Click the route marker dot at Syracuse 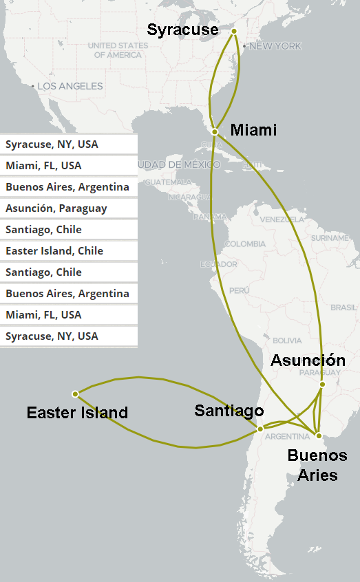(233, 31)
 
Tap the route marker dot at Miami (215, 131)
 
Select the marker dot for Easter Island (75, 394)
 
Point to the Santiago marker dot (260, 429)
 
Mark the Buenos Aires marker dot (318, 435)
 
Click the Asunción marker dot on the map (321, 385)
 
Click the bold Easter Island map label (77, 413)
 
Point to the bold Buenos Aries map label (317, 465)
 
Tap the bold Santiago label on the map (229, 411)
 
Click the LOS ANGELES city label (70, 87)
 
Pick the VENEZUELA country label (280, 219)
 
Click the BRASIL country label (343, 308)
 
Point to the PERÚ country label (239, 291)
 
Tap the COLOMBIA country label (244, 244)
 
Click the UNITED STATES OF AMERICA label (118, 50)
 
